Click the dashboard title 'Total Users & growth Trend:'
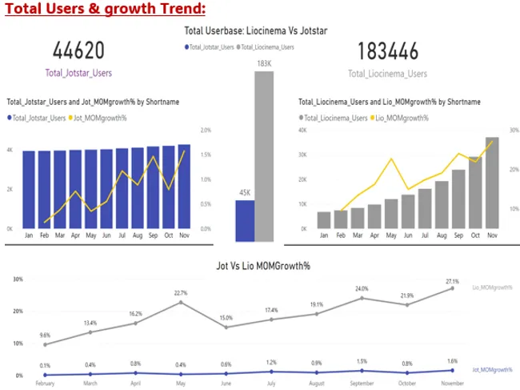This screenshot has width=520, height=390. pyautogui.click(x=105, y=10)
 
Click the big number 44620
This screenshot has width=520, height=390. pyautogui.click(x=78, y=52)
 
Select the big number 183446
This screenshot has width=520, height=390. pyautogui.click(x=386, y=52)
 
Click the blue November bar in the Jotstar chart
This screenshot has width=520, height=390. pyautogui.click(x=184, y=187)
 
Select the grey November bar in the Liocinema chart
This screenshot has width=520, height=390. pyautogui.click(x=492, y=183)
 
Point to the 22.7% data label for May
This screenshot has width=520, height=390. pyautogui.click(x=181, y=293)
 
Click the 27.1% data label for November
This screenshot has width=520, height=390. pyautogui.click(x=452, y=281)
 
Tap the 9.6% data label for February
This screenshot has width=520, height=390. pyautogui.click(x=44, y=335)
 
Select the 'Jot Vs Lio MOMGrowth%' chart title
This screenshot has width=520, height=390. pyautogui.click(x=261, y=264)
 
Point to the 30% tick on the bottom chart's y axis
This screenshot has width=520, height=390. pyautogui.click(x=18, y=279)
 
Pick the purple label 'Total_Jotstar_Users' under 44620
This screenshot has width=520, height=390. pyautogui.click(x=78, y=73)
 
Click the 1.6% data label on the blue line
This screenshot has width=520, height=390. pyautogui.click(x=452, y=361)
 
